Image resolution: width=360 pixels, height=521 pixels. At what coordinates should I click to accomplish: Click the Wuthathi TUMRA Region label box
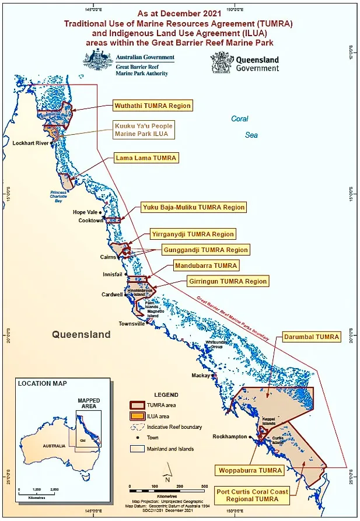point(153,106)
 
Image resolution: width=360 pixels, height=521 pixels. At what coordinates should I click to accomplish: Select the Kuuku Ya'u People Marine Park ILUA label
point(143,130)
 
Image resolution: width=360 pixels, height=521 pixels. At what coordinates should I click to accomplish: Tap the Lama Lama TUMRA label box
point(145,158)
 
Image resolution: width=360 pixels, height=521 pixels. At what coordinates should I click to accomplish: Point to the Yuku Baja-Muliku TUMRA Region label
point(194,207)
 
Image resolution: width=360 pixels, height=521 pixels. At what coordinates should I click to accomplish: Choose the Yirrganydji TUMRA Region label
point(193,234)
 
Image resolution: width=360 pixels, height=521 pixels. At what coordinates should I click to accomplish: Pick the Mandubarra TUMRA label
point(206,265)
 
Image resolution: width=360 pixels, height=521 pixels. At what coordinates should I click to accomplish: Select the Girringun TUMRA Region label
point(228,281)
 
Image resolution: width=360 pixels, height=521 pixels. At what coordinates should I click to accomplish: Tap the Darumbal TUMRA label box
point(311,337)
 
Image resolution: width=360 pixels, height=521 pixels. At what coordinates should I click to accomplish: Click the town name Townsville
point(132,323)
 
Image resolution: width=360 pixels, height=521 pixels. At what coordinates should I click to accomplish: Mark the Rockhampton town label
point(230,436)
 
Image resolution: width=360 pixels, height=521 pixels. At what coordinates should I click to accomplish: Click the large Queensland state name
point(81,335)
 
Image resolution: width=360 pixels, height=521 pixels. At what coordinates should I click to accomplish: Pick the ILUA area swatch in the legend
point(137,416)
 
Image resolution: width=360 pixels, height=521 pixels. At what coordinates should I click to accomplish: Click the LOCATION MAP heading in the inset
point(42,383)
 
